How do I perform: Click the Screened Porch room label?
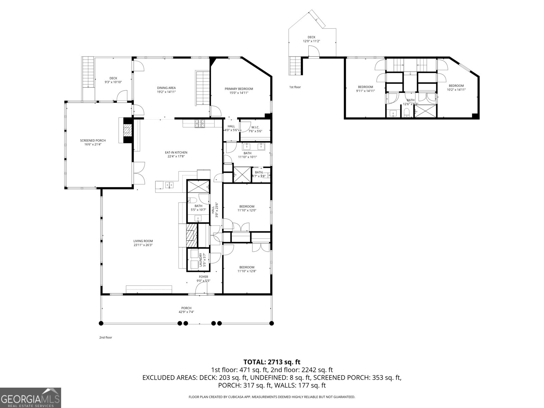(x=93, y=141)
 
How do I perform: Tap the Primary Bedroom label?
(x=239, y=89)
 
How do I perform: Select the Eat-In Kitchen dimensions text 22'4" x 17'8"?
(x=176, y=157)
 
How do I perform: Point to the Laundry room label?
(x=201, y=260)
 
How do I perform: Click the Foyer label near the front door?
(x=203, y=277)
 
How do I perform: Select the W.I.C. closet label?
(x=255, y=127)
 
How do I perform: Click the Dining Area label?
(x=166, y=88)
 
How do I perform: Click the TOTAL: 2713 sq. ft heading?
(x=272, y=362)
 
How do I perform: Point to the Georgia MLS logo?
(x=31, y=397)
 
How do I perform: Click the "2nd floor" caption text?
(x=105, y=338)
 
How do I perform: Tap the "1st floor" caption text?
(x=295, y=87)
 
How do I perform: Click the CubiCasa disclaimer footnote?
(x=272, y=397)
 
